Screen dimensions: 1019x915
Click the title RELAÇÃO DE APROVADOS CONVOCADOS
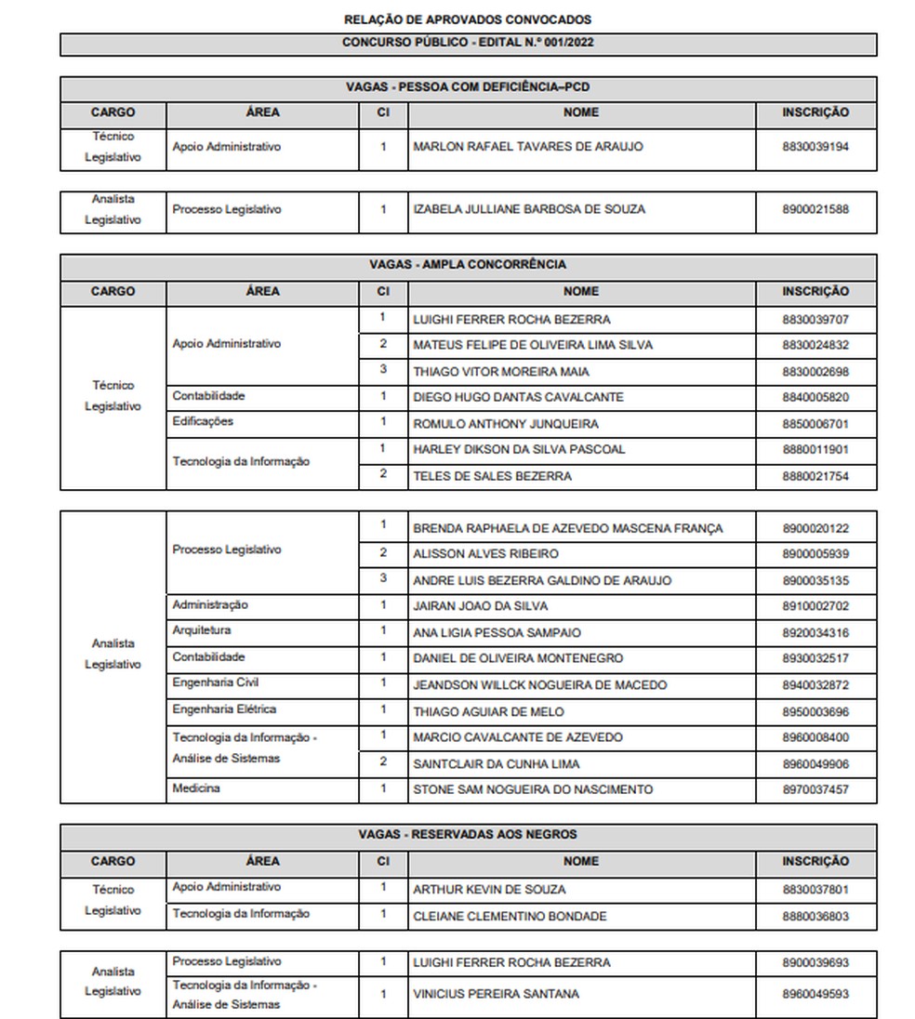(467, 20)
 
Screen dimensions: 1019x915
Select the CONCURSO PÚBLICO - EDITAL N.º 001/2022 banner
(467, 43)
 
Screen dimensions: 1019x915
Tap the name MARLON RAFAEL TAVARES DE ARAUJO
(527, 147)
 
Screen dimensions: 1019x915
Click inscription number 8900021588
(816, 210)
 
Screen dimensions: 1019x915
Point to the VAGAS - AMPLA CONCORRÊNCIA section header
(467, 265)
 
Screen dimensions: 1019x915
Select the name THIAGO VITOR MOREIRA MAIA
(501, 372)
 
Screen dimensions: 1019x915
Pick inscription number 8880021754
(816, 477)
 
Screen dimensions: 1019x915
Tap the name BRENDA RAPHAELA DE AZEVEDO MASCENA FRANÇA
(567, 529)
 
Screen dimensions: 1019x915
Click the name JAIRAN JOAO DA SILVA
(480, 606)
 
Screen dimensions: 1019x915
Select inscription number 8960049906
(816, 764)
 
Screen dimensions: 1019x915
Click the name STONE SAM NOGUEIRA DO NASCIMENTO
(533, 790)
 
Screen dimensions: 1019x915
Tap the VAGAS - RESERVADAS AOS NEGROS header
(467, 835)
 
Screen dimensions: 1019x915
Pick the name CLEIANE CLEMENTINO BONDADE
(510, 917)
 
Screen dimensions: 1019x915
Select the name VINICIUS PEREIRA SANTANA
(496, 994)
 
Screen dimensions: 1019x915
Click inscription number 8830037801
(816, 890)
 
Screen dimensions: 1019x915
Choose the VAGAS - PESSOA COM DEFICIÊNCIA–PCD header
(467, 87)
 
